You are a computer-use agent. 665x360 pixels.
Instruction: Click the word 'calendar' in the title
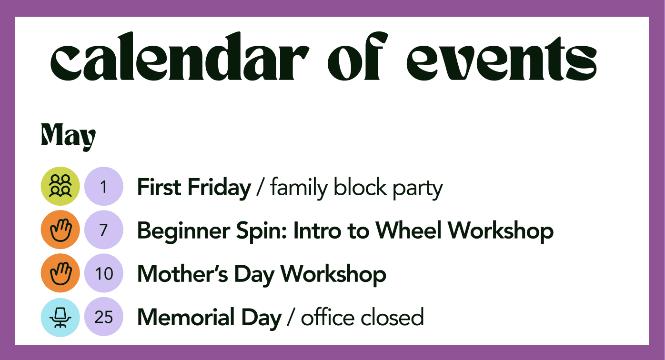[180, 56]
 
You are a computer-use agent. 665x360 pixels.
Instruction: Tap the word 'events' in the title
[502, 59]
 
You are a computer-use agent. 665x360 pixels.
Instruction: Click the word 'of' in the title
[358, 56]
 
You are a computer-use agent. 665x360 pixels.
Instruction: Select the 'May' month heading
[68, 137]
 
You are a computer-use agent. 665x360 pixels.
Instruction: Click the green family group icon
[60, 186]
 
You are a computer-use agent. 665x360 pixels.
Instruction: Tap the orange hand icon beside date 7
[60, 230]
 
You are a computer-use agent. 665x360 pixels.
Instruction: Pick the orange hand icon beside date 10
[60, 273]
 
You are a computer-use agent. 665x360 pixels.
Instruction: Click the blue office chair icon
[60, 317]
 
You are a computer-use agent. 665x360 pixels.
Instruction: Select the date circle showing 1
[104, 186]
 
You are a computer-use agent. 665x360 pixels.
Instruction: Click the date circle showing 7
[104, 230]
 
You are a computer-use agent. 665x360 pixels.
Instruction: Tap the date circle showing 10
[104, 273]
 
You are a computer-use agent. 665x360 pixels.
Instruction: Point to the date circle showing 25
[104, 317]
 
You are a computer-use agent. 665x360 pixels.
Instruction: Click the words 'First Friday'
[194, 188]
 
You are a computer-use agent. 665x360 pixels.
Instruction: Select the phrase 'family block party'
[356, 188]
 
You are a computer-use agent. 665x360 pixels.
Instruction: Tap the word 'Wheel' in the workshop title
[409, 230]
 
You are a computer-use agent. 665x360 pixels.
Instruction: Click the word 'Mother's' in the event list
[182, 274]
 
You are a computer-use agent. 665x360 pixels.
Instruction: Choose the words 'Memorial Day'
[209, 318]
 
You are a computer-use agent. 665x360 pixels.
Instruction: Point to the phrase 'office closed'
[363, 317]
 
